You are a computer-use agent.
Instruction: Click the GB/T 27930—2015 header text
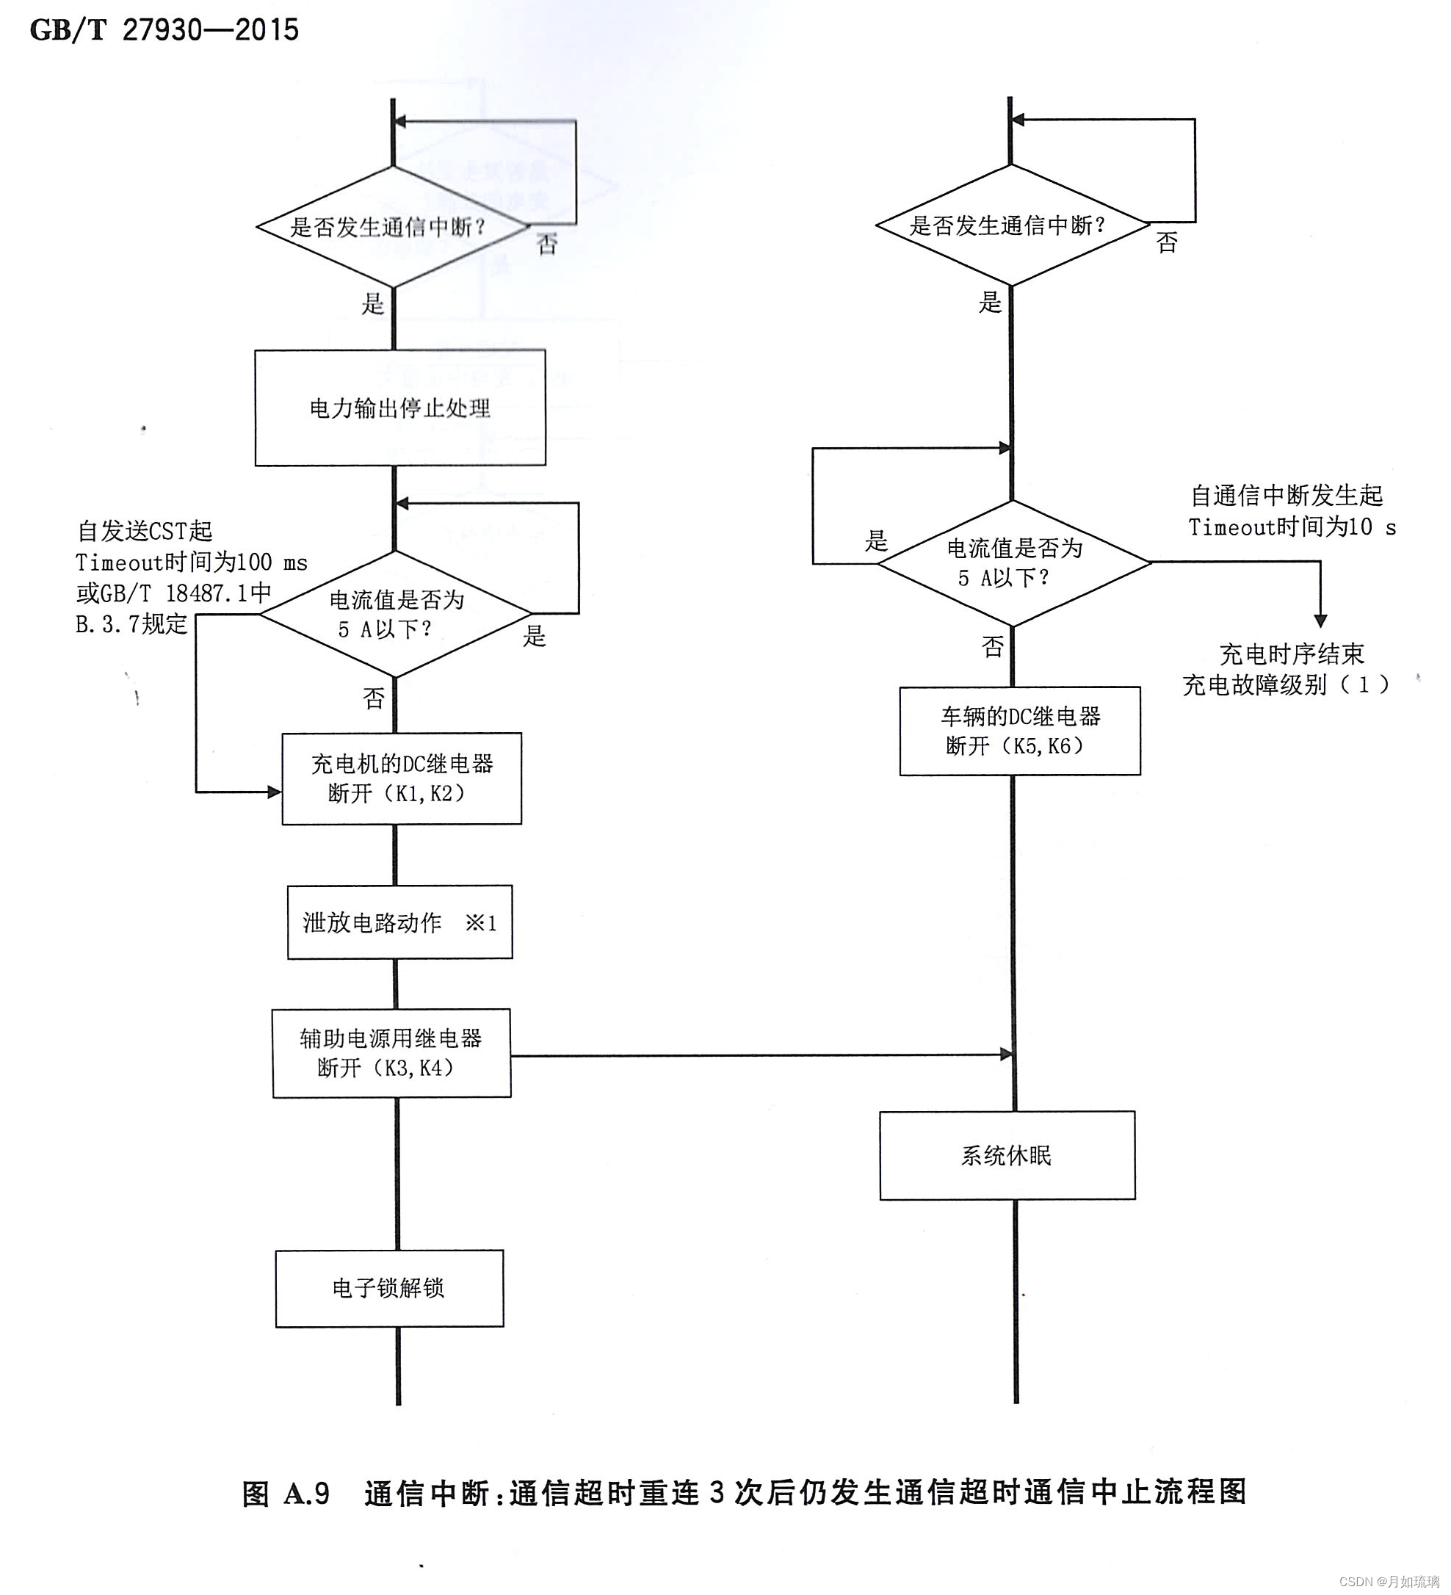pyautogui.click(x=164, y=31)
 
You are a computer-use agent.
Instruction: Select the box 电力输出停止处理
pyautogui.click(x=399, y=408)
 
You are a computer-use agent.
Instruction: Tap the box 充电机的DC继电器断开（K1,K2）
pyautogui.click(x=401, y=778)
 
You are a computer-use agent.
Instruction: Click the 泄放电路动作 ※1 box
pyautogui.click(x=399, y=922)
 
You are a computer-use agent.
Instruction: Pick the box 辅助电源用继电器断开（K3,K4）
pyautogui.click(x=391, y=1053)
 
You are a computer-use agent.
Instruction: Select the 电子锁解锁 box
pyautogui.click(x=389, y=1288)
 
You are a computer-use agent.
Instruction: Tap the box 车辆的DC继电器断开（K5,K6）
pyautogui.click(x=1019, y=731)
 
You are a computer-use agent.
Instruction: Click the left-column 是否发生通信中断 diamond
pyautogui.click(x=393, y=227)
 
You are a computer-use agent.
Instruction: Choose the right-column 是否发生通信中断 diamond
pyautogui.click(x=1012, y=225)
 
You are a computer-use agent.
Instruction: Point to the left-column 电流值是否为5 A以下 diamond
pyautogui.click(x=396, y=614)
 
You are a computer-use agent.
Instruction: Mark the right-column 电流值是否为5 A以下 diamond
pyautogui.click(x=1013, y=563)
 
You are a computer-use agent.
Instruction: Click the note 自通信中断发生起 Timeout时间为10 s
pyautogui.click(x=1291, y=511)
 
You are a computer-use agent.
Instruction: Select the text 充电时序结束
pyautogui.click(x=1291, y=654)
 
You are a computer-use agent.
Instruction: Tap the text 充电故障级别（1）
pyautogui.click(x=1285, y=685)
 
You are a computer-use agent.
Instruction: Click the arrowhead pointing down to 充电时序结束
pyautogui.click(x=1320, y=621)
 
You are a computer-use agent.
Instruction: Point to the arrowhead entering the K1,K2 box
pyautogui.click(x=275, y=792)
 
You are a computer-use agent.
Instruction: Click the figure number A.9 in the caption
pyautogui.click(x=307, y=1493)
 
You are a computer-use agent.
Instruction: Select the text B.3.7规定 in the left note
pyautogui.click(x=131, y=624)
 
